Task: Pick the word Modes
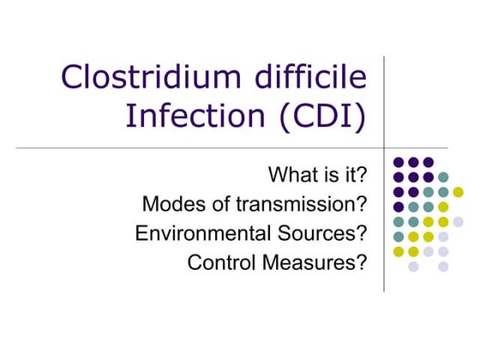coord(171,205)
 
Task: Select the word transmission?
coord(305,205)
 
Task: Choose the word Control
coord(220,263)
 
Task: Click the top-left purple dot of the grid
coord(399,162)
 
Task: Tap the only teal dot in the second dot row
coord(443,177)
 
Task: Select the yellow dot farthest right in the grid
coord(458,191)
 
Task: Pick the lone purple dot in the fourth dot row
coord(399,207)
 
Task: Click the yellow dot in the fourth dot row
coord(443,207)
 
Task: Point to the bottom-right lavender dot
coord(443,267)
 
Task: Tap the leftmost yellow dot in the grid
coord(399,251)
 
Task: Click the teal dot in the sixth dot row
coord(399,237)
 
